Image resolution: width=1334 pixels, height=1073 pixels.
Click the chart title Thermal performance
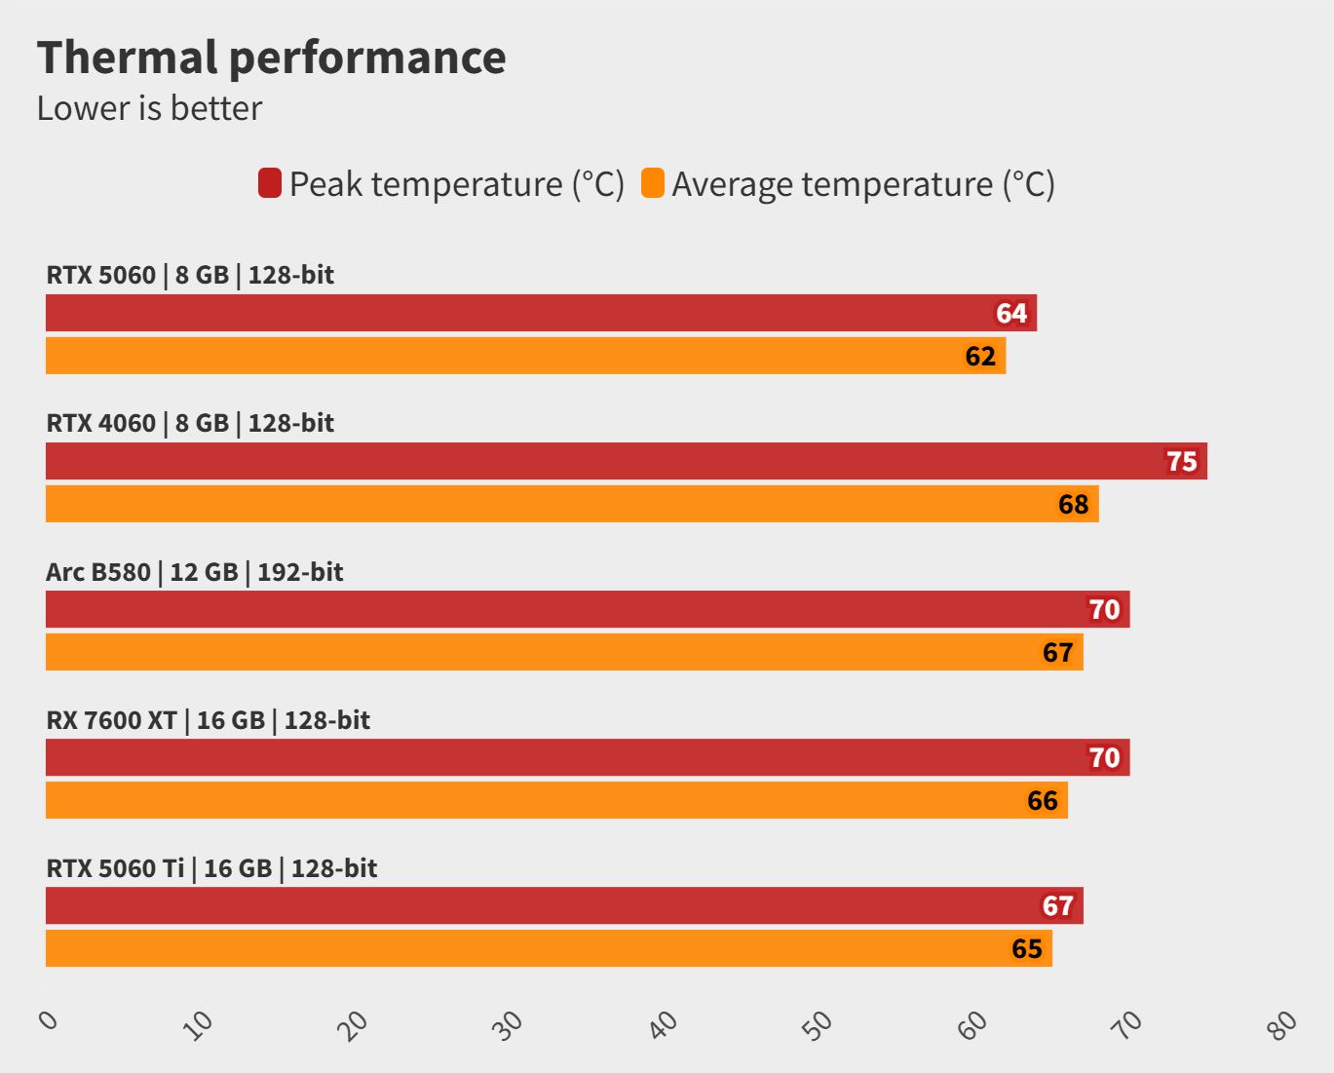pyautogui.click(x=271, y=57)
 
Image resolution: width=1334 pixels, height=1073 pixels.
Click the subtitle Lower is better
pyautogui.click(x=149, y=108)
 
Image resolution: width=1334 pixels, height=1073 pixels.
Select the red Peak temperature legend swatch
pyautogui.click(x=269, y=183)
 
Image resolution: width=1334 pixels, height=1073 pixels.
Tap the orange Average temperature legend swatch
pyautogui.click(x=652, y=183)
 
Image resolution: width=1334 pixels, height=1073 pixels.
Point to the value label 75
pyautogui.click(x=1181, y=461)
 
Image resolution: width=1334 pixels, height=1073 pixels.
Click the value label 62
pyautogui.click(x=980, y=357)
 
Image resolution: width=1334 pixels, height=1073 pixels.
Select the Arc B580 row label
pyautogui.click(x=194, y=572)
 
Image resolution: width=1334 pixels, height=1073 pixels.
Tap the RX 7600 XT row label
pyautogui.click(x=208, y=720)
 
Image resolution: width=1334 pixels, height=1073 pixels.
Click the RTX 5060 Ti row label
pyautogui.click(x=211, y=868)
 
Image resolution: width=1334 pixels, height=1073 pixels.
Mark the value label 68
pyautogui.click(x=1073, y=505)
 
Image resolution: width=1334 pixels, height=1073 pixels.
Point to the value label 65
pyautogui.click(x=1026, y=949)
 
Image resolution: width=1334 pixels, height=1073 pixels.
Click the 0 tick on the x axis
pyautogui.click(x=48, y=1020)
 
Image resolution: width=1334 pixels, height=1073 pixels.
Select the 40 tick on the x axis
pyautogui.click(x=664, y=1024)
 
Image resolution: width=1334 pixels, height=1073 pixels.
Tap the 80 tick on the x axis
pyautogui.click(x=1282, y=1024)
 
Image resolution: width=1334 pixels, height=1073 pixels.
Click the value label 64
pyautogui.click(x=1010, y=314)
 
